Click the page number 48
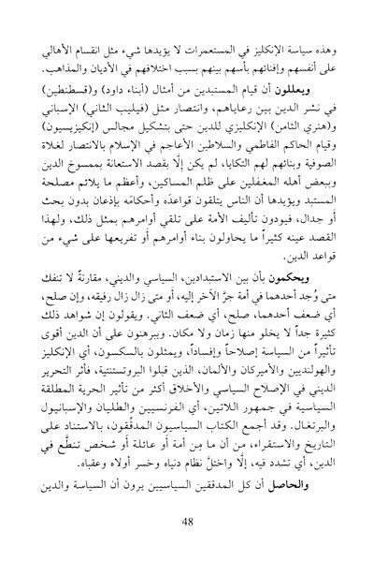(194, 521)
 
